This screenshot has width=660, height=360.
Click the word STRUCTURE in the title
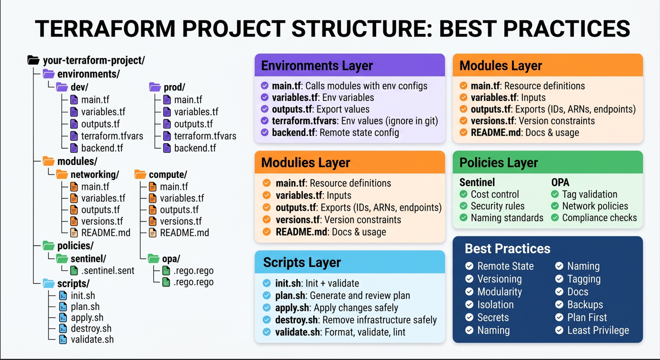[361, 29]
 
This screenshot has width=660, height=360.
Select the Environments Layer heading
[317, 66]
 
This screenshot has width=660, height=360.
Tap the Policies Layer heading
[499, 162]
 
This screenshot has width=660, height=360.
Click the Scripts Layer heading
[302, 262]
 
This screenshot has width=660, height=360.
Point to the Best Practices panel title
[507, 249]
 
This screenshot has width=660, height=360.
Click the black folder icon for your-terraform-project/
[33, 60]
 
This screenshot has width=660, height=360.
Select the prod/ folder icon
[155, 87]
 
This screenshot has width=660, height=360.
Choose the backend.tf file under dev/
[102, 148]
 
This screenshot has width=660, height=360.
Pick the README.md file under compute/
[184, 233]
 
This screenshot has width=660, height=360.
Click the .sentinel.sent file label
[108, 271]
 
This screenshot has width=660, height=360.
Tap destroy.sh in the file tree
[91, 329]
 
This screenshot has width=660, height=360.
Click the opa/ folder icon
[154, 258]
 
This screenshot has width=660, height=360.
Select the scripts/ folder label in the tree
[74, 283]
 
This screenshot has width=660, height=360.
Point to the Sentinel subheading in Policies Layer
[477, 182]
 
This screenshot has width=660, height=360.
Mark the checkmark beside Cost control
[463, 194]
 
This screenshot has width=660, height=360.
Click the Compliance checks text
[599, 218]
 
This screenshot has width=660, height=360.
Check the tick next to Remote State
[469, 266]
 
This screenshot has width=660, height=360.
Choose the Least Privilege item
[598, 330]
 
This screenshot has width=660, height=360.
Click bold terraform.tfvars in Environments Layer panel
[304, 121]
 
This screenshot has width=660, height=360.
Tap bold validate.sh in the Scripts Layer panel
[297, 333]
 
